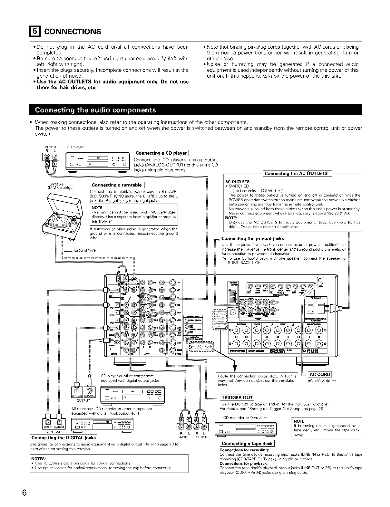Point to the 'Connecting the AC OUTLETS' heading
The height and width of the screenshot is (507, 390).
296,174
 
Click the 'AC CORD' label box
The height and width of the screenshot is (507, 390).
319,374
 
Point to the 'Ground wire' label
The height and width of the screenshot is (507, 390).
85,250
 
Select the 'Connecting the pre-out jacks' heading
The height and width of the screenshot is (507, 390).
253,239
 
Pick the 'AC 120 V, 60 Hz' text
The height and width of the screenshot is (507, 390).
322,381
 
